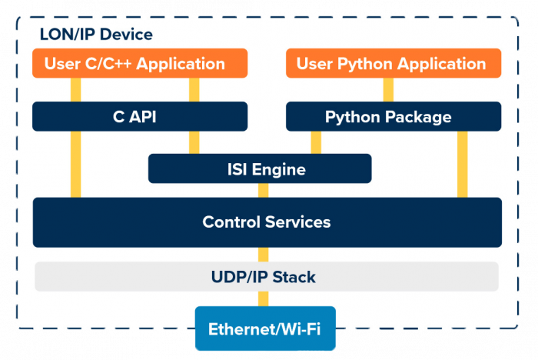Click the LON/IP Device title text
pyautogui.click(x=96, y=35)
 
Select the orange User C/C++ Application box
pyautogui.click(x=139, y=63)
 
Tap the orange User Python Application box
pyautogui.click(x=393, y=63)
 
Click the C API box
pyautogui.click(x=139, y=116)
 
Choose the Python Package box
pyautogui.click(x=393, y=116)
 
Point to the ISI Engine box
pyautogui.click(x=259, y=168)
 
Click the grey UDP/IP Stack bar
pyautogui.click(x=266, y=276)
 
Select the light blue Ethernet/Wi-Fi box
pyautogui.click(x=264, y=329)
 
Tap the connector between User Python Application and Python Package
pyautogui.click(x=388, y=90)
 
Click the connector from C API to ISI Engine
pyautogui.click(x=194, y=142)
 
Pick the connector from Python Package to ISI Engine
pyautogui.click(x=316, y=142)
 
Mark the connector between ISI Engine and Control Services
pyautogui.click(x=264, y=190)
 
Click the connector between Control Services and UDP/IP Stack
pyautogui.click(x=264, y=255)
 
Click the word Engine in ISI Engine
pyautogui.click(x=279, y=169)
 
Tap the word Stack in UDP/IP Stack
pyautogui.click(x=295, y=276)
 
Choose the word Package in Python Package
pyautogui.click(x=420, y=117)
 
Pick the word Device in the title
pyautogui.click(x=126, y=35)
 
